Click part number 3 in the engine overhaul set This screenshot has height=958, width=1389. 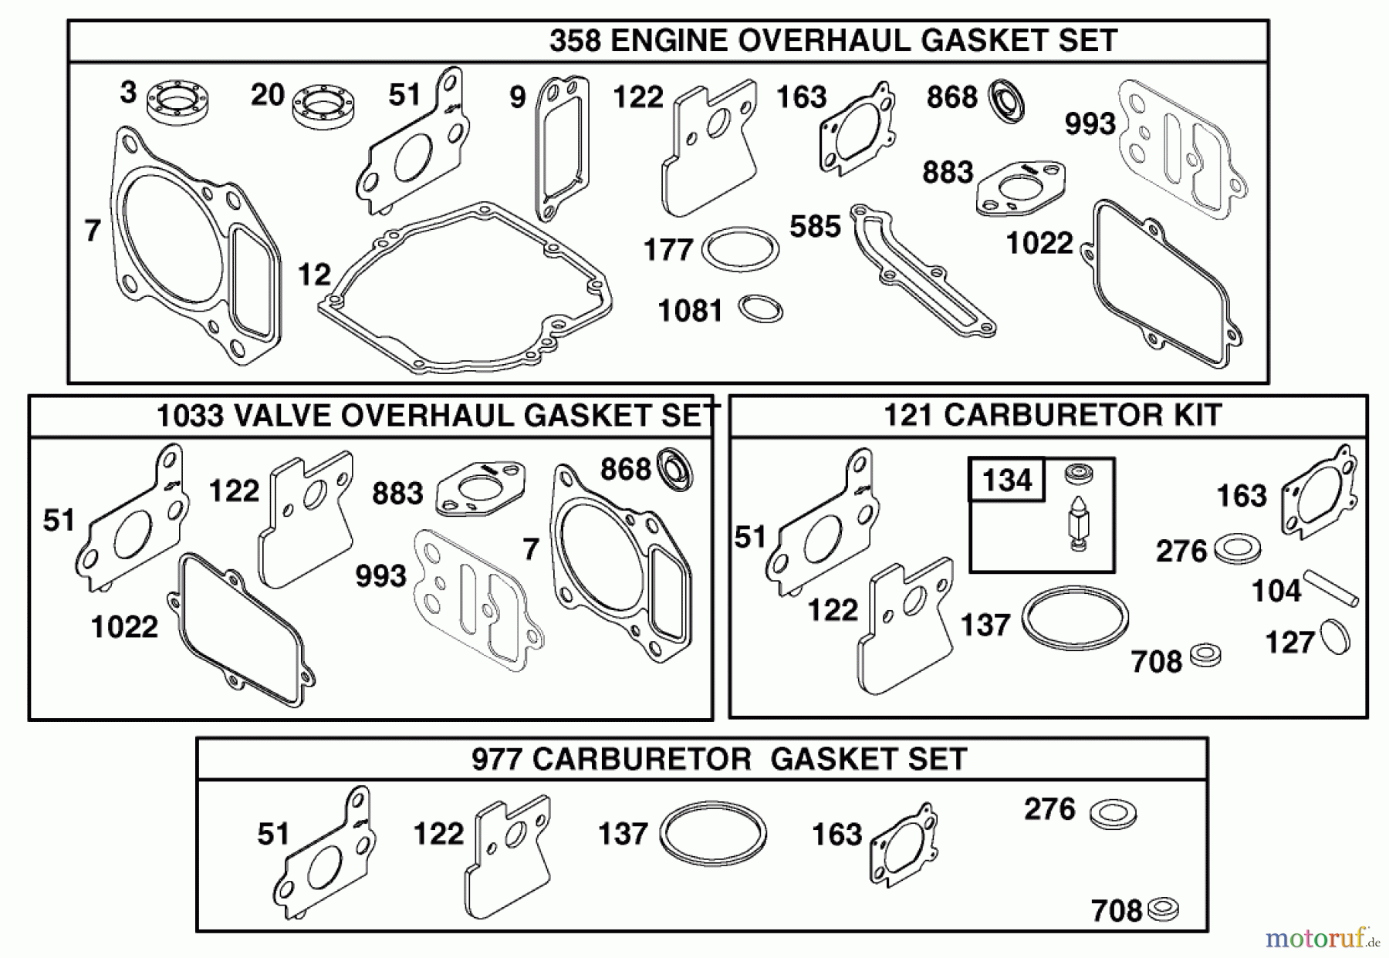128,93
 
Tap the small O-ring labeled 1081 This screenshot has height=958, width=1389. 760,309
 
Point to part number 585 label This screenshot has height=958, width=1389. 815,227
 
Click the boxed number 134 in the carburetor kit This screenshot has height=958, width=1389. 1007,481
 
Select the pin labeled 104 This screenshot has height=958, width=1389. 1330,588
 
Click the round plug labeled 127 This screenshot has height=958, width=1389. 1335,636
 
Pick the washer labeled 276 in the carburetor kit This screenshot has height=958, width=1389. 1237,550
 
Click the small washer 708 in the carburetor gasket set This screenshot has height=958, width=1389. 1163,909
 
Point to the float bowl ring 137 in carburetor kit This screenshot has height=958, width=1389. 1074,618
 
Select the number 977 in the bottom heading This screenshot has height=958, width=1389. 498,759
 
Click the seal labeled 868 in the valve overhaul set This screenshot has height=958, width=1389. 674,468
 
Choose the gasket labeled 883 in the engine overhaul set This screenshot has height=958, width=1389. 1020,187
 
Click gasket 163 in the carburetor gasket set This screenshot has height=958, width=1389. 903,847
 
